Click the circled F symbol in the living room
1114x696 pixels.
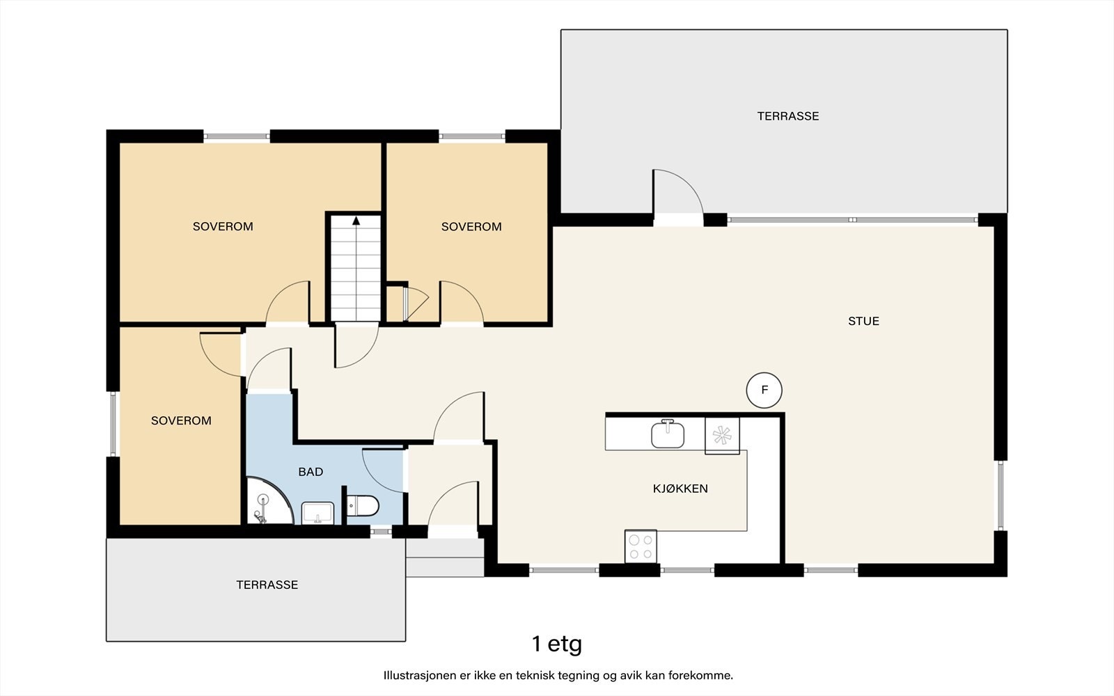coord(764,390)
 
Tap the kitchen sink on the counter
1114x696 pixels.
coord(668,434)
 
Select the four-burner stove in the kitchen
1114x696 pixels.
coord(641,546)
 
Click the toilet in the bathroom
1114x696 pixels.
coord(363,506)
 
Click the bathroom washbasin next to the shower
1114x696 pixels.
coord(317,513)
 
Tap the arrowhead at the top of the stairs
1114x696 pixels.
coord(356,221)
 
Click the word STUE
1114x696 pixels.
coord(863,321)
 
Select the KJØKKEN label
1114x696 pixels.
coord(680,489)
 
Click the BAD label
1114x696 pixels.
coord(311,472)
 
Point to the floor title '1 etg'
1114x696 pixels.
coord(556,644)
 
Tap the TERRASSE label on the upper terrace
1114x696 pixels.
coord(787,116)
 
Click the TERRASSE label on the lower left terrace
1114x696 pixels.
coord(267,585)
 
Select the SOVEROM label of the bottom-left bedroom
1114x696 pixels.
coord(181,420)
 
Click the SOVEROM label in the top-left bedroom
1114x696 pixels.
coord(223,227)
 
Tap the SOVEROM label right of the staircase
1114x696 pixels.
coord(471,227)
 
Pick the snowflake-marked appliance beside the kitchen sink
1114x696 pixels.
coord(722,436)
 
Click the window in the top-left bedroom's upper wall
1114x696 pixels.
coord(237,136)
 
